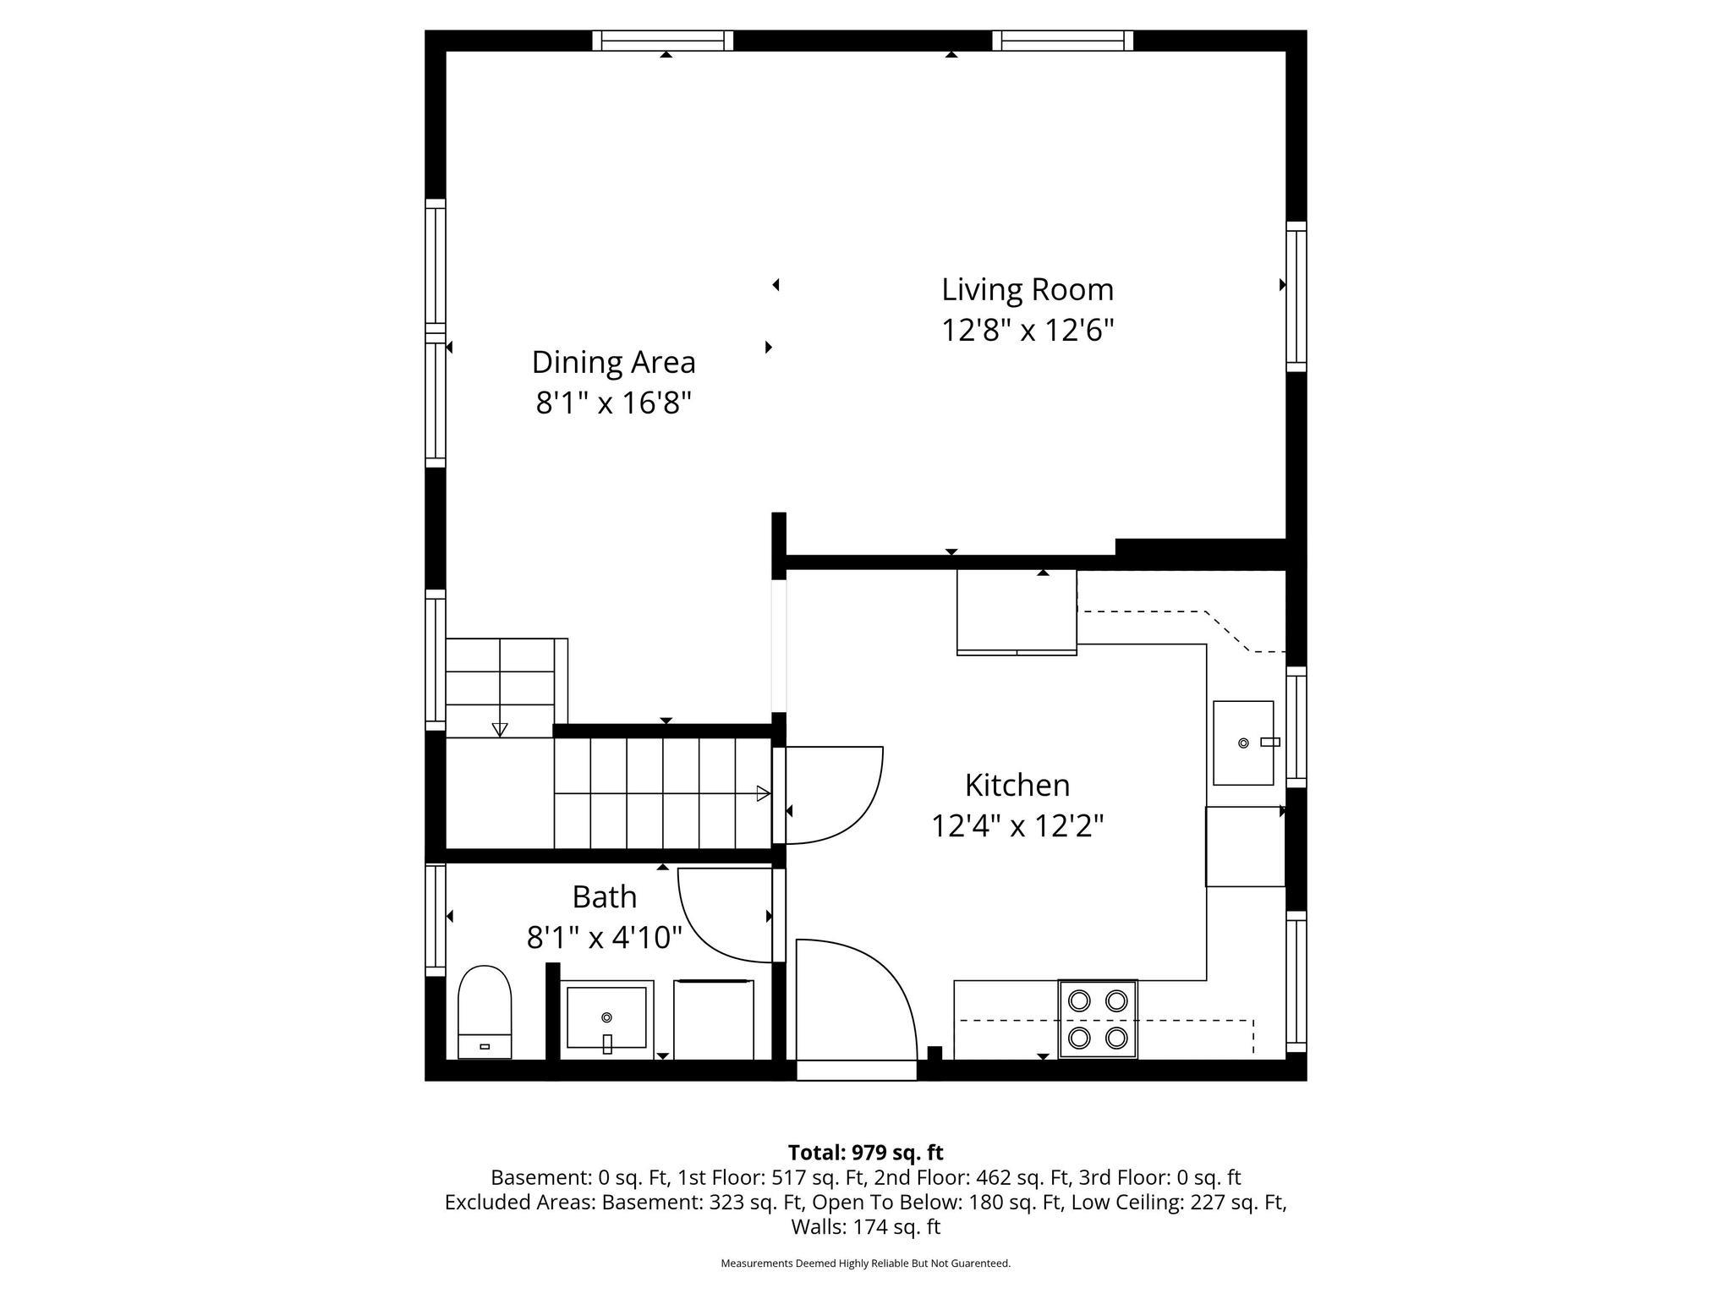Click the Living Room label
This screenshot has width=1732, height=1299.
click(1027, 290)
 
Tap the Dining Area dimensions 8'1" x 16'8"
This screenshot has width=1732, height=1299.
click(613, 403)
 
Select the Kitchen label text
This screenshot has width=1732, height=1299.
click(1017, 785)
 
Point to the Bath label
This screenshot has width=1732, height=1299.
click(604, 896)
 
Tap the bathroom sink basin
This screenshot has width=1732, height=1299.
click(606, 1017)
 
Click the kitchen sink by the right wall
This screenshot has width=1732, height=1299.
click(1242, 743)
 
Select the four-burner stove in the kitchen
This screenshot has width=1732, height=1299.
click(1097, 1019)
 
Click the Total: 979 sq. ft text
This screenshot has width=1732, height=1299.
click(865, 1153)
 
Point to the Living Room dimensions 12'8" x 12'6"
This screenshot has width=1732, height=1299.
click(1027, 330)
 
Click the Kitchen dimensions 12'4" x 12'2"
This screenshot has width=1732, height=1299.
click(1017, 825)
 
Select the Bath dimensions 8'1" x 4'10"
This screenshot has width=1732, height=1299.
click(604, 937)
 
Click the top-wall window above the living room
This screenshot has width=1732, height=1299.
click(1062, 41)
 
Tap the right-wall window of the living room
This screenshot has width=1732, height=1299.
click(1296, 296)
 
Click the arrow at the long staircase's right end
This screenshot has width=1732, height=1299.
click(763, 793)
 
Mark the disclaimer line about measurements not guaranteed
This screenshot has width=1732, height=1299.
click(865, 1263)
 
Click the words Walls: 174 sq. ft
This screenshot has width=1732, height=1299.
click(865, 1226)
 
